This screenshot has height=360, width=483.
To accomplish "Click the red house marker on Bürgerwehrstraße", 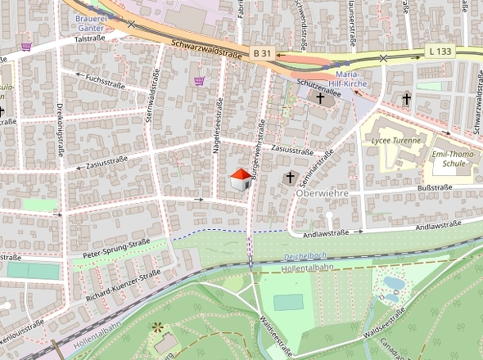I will (240, 181).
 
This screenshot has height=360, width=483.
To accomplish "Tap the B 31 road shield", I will (261, 53).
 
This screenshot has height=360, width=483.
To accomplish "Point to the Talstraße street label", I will (92, 38).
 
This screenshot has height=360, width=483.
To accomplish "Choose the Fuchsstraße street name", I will (103, 80).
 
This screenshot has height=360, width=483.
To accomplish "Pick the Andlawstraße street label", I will (327, 233).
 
